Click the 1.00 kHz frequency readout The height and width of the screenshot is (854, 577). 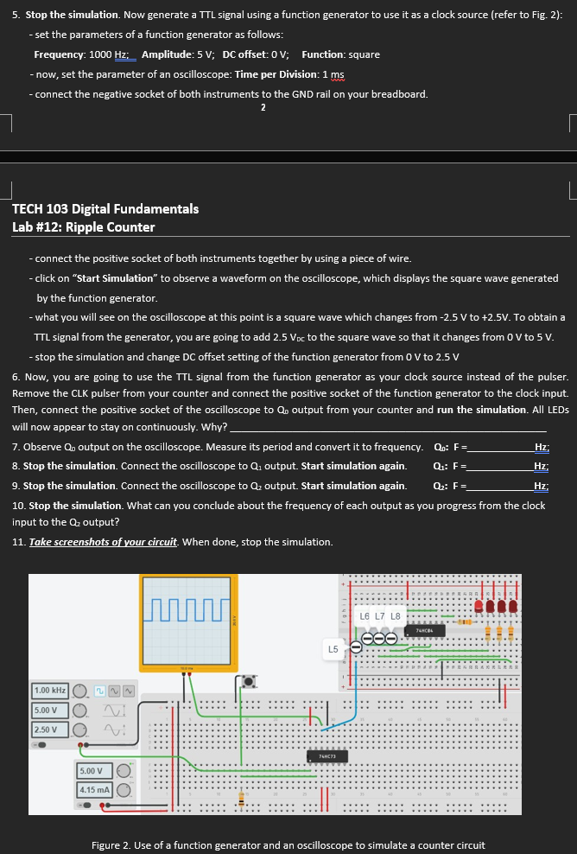click(50, 691)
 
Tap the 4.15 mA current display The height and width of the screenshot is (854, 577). click(92, 790)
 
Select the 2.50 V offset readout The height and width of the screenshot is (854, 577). click(47, 730)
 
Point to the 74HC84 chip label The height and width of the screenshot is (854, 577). click(423, 632)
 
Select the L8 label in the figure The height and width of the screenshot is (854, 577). click(396, 615)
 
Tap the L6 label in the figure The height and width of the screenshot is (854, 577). click(365, 615)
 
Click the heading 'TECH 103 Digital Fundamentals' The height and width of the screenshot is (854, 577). click(105, 209)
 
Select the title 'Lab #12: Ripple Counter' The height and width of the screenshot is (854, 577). click(84, 227)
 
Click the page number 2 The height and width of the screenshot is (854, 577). click(263, 107)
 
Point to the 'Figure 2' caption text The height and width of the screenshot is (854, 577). click(288, 844)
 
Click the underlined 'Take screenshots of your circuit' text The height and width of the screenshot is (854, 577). click(104, 542)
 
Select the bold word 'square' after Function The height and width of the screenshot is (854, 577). click(364, 54)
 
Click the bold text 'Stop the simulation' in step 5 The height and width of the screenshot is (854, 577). click(72, 16)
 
